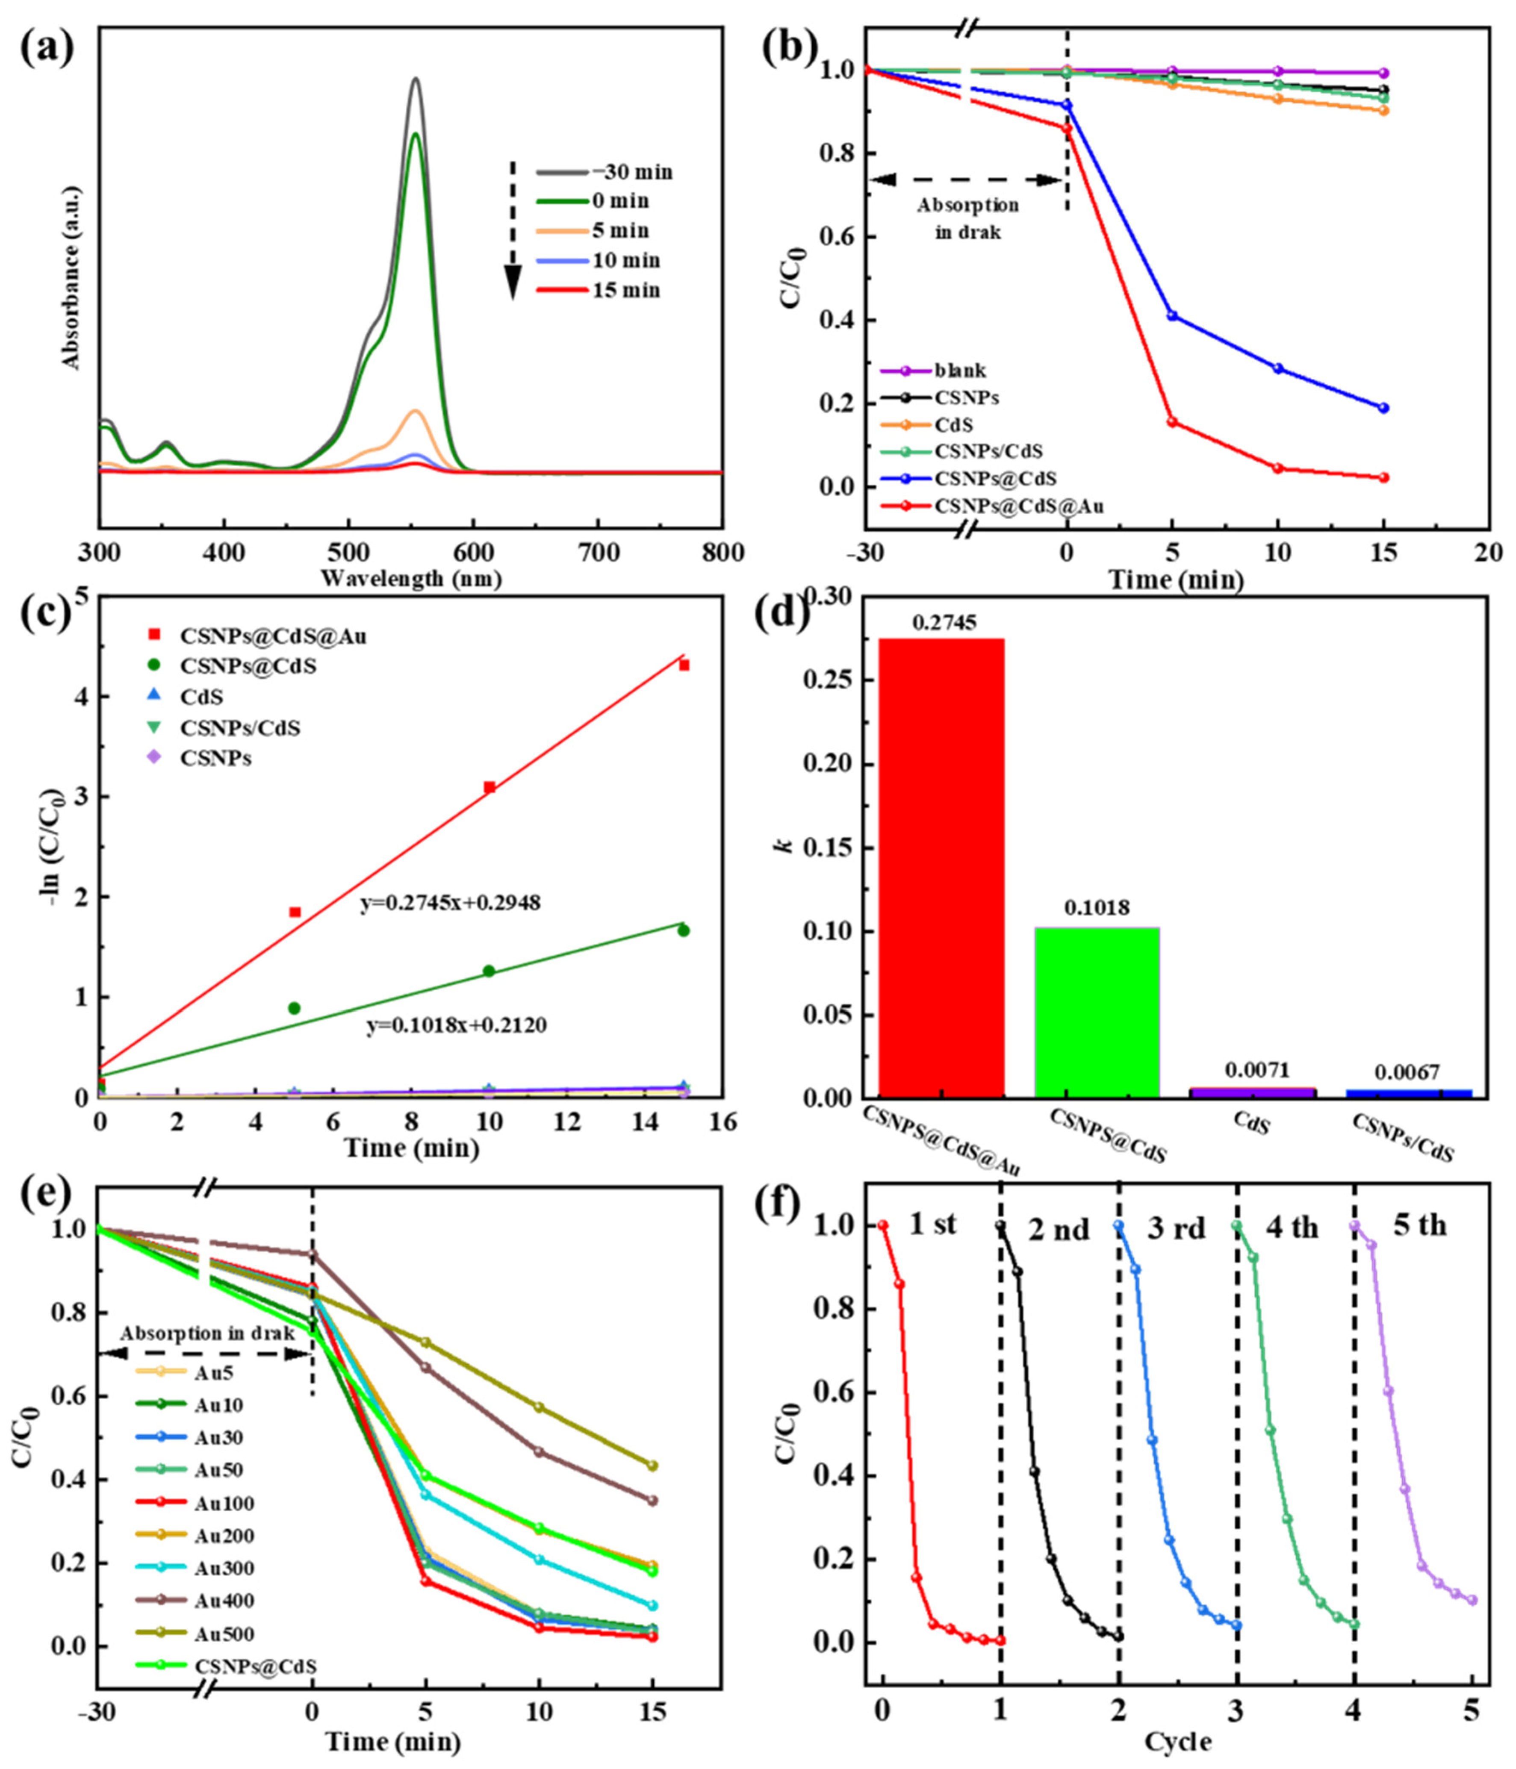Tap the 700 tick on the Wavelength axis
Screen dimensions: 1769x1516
point(599,553)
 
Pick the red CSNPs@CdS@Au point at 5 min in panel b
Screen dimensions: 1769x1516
point(1172,422)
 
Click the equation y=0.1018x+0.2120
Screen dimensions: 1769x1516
point(457,1024)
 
